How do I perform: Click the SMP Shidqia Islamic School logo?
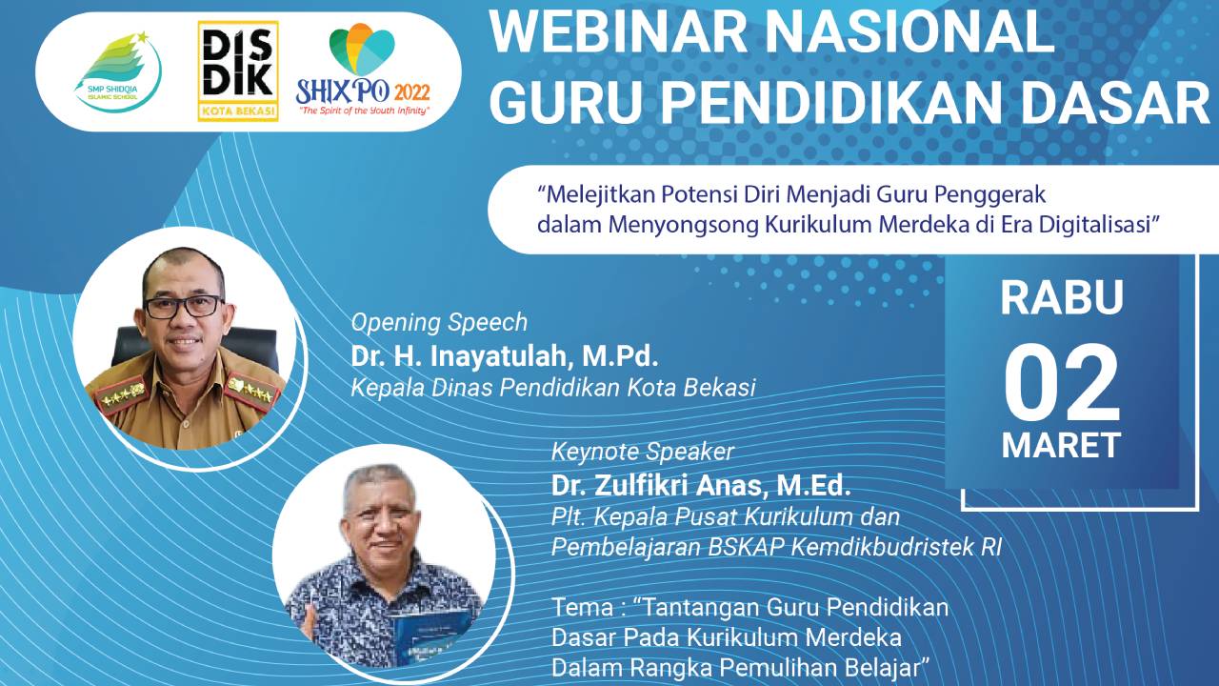tap(119, 71)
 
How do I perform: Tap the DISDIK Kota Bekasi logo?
tap(238, 71)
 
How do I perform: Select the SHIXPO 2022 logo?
tap(363, 70)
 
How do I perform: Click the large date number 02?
tap(1061, 383)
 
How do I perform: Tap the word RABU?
tap(1062, 297)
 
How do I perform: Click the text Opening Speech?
tap(439, 323)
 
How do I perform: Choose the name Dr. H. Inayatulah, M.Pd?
tap(505, 356)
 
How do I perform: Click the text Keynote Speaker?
tap(643, 452)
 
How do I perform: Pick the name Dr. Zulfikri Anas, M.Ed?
tap(701, 485)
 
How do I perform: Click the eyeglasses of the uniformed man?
tap(184, 307)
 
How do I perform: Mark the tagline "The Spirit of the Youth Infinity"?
tap(363, 111)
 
